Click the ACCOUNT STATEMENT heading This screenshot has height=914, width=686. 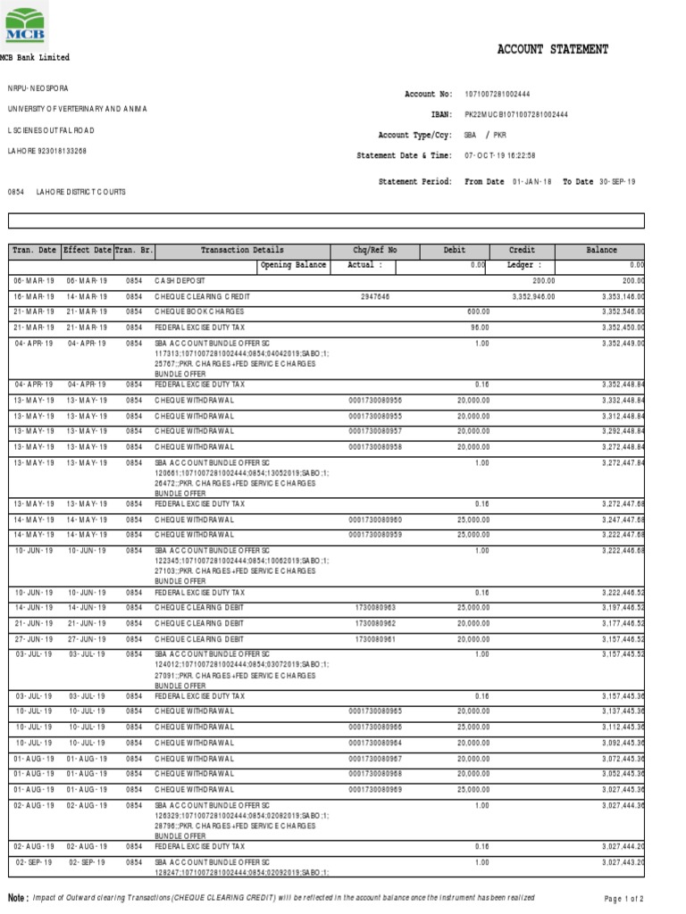[x=552, y=50]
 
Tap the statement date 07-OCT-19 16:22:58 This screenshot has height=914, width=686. [x=500, y=155]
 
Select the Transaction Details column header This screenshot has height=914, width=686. [x=242, y=251]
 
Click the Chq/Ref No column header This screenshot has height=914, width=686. [x=375, y=251]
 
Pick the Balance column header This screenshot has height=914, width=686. [x=601, y=251]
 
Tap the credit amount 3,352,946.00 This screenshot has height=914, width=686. [x=533, y=295]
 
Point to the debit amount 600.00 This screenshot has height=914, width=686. [x=475, y=311]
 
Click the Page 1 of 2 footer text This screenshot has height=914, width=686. [x=624, y=899]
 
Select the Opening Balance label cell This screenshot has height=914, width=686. [x=294, y=265]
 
